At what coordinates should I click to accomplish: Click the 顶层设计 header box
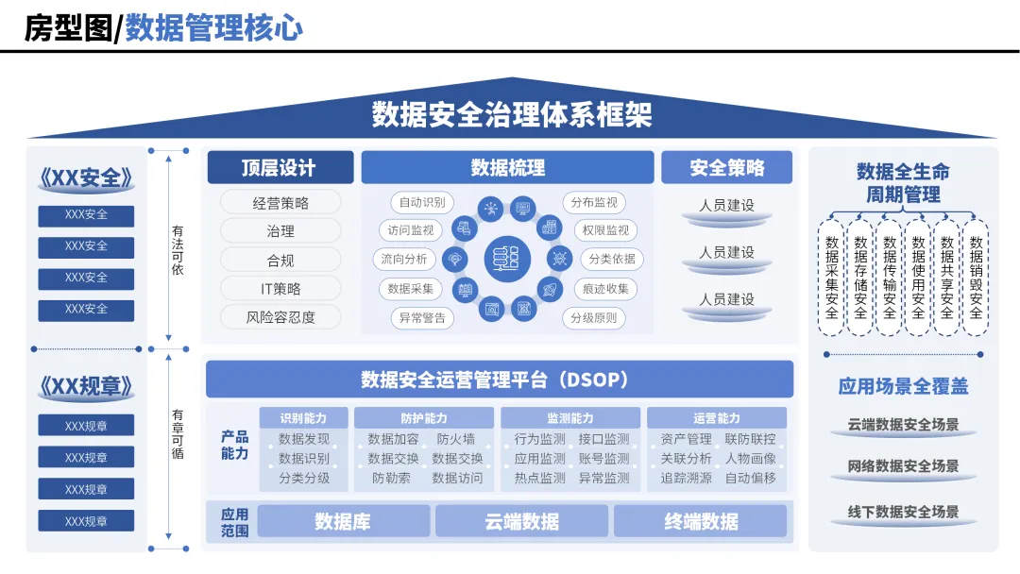pos(280,168)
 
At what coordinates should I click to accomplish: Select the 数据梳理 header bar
pos(507,168)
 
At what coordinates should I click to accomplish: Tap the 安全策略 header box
pos(726,168)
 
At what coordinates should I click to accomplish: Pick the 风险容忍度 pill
pos(280,317)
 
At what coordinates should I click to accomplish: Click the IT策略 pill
pos(280,289)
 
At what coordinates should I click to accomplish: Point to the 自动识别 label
pos(422,202)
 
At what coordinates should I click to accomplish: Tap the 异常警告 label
pos(422,318)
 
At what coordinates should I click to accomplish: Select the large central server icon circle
pos(507,260)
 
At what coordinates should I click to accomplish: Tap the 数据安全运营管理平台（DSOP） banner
pos(500,380)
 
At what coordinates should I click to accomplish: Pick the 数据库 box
pos(343,521)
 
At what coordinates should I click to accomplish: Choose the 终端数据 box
pos(700,521)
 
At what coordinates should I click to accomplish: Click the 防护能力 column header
pos(423,418)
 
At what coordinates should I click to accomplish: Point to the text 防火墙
pos(456,439)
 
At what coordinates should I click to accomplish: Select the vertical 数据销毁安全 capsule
pos(976,278)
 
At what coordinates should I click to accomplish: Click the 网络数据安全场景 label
pos(903,466)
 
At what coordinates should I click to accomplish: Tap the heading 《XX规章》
pos(86,387)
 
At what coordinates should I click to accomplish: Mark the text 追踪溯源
pos(686,479)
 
